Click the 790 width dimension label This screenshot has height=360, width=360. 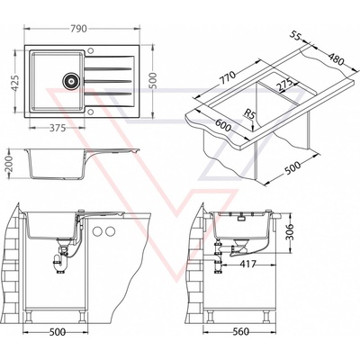(x=79, y=29)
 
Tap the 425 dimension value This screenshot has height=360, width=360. (x=15, y=83)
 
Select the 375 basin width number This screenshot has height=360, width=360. (x=58, y=128)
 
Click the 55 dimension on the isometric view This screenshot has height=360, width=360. (x=296, y=35)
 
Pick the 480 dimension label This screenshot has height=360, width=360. (x=336, y=59)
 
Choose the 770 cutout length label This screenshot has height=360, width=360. (x=227, y=78)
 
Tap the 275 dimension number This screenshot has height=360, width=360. (x=284, y=85)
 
